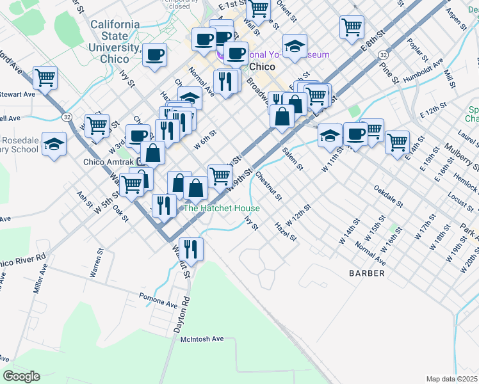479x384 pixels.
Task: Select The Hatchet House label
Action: click(x=222, y=209)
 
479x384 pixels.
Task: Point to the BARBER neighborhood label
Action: click(x=367, y=273)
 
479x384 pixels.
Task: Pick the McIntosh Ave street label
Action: click(x=202, y=339)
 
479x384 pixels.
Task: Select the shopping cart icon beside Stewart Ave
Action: click(x=45, y=78)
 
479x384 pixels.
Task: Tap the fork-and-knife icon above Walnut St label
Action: click(x=190, y=248)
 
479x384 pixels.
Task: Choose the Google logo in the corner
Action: click(x=21, y=376)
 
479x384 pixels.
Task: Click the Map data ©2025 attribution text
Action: click(x=451, y=379)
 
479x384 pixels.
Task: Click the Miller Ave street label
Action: click(x=36, y=281)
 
